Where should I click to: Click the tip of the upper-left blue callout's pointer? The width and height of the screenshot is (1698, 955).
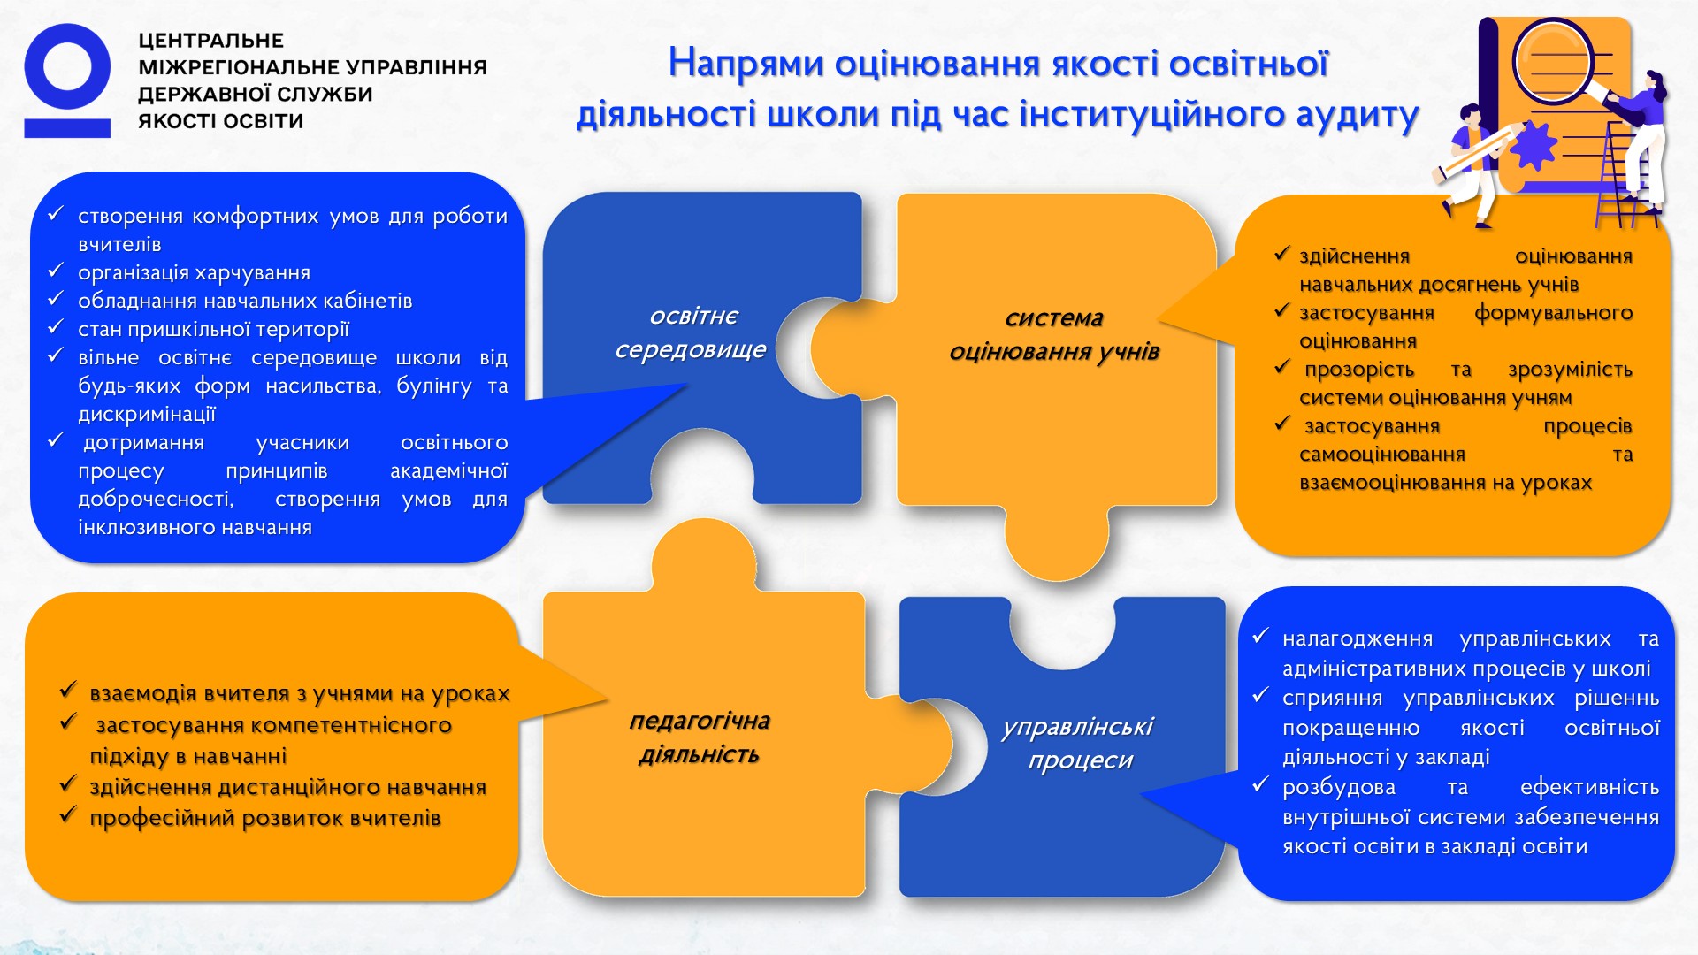pos(688,384)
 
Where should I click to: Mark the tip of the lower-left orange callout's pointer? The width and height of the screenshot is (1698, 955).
pos(608,700)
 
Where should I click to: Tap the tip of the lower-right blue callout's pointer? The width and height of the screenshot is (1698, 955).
pos(1141,794)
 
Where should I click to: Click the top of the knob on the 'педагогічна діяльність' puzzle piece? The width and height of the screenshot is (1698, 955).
pos(704,519)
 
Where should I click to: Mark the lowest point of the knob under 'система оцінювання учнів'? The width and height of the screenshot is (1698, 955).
pos(1057,580)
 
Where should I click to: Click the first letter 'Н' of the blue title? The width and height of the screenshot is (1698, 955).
pos(682,64)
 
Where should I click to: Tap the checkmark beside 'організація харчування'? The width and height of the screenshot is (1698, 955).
pos(56,270)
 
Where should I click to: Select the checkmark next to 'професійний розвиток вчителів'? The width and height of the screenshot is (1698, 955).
pos(68,814)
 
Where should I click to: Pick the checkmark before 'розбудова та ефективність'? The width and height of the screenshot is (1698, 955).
pos(1261,783)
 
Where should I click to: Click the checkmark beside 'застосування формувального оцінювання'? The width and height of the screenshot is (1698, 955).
pos(1282,310)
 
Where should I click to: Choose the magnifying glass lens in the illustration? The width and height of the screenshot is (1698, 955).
pos(1552,60)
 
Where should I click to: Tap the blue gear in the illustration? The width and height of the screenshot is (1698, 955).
pos(1533,146)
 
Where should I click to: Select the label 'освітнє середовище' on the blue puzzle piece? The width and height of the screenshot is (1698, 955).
pos(692,332)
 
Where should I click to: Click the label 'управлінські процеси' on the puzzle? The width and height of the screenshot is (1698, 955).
pos(1078,743)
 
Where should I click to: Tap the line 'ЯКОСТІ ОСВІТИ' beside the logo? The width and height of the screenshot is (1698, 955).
pos(221,121)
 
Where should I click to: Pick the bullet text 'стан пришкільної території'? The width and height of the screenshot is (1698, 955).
pos(213,329)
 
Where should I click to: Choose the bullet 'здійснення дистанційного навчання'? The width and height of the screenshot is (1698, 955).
pos(288,787)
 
